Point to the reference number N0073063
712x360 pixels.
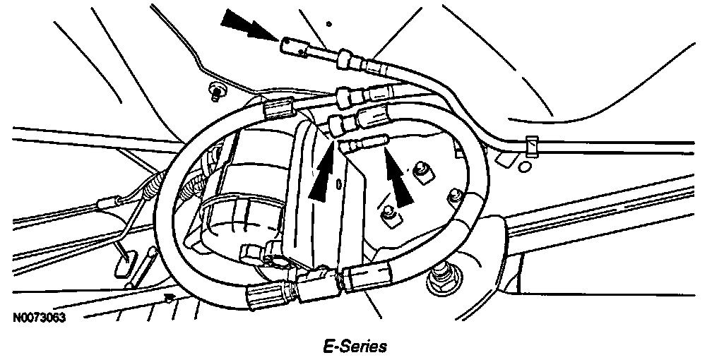[39, 319]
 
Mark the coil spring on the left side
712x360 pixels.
[150, 187]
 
